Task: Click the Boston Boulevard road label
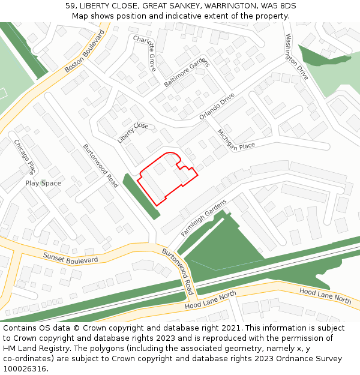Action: (x=85, y=52)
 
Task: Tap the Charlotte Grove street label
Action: (x=145, y=53)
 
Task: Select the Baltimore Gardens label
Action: (x=186, y=73)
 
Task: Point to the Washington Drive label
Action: (x=296, y=57)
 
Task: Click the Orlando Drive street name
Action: (x=217, y=106)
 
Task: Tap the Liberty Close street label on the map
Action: (x=133, y=133)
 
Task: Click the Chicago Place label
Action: (x=25, y=156)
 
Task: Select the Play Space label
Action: (x=43, y=183)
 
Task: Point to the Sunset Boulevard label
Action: (x=70, y=258)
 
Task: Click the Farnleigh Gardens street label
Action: (x=204, y=217)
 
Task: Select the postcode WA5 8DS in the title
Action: (x=278, y=5)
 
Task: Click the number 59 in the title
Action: (x=70, y=5)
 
